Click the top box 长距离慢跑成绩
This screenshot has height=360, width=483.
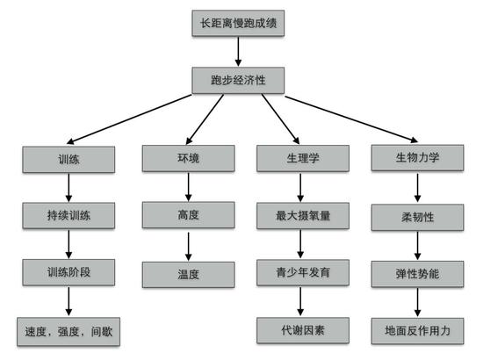tap(238, 24)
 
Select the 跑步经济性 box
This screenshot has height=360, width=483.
tap(238, 81)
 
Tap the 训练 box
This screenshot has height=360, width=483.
tap(68, 160)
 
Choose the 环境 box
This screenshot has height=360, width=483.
tap(188, 158)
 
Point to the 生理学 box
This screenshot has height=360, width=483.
tap(303, 158)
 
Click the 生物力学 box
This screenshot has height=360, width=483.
tap(417, 158)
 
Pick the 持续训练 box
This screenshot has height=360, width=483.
tap(68, 216)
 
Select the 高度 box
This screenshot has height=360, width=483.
tap(188, 215)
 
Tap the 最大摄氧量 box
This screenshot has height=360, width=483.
tap(303, 216)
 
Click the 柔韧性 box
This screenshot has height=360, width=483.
tap(417, 218)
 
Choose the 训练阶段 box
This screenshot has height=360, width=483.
tap(68, 272)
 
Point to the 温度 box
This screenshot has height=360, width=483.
tap(188, 275)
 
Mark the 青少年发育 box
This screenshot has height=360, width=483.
tap(303, 272)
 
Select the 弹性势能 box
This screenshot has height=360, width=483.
tap(417, 274)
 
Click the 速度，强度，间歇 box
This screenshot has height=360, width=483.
tap(68, 332)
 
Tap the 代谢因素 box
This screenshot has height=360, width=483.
tap(303, 330)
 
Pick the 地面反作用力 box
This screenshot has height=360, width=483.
tap(417, 331)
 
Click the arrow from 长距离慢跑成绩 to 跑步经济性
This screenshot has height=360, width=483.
tap(238, 52)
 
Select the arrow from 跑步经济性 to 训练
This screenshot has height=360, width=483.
tap(129, 119)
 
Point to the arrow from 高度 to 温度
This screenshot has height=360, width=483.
tap(189, 247)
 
